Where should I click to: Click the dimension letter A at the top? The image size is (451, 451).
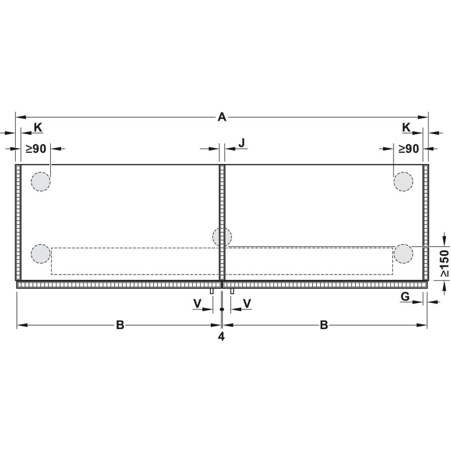[x=222, y=117]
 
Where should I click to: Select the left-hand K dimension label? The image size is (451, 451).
[x=38, y=127]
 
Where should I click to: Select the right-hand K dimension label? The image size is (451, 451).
[x=406, y=127]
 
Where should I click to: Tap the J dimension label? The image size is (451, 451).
[x=242, y=143]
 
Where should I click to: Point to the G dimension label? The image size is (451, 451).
[x=405, y=297]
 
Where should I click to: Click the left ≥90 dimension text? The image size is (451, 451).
[x=36, y=149]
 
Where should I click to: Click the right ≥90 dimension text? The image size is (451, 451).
[x=409, y=149]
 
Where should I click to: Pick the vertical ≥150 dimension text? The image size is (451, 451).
[x=444, y=263]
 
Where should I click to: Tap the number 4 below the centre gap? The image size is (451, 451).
[x=221, y=336]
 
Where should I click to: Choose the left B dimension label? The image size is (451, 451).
[x=120, y=325]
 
